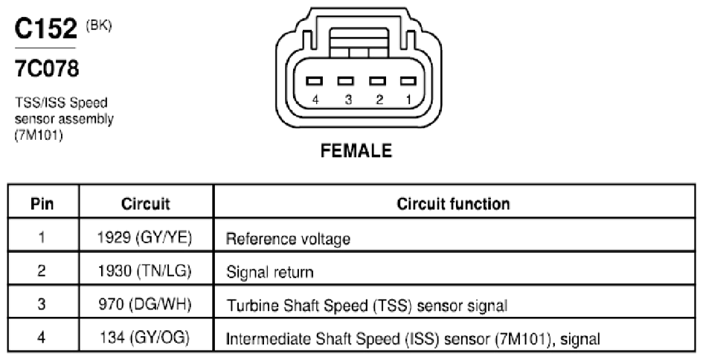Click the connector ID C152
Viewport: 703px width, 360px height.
(x=45, y=29)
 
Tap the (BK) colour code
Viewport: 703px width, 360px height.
(x=99, y=25)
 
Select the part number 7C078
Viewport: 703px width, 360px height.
(x=47, y=68)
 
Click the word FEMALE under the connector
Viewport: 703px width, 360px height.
(x=356, y=151)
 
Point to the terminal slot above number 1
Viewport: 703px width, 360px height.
(x=408, y=81)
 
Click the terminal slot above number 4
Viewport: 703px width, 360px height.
(x=314, y=81)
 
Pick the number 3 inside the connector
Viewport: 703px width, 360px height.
(x=348, y=100)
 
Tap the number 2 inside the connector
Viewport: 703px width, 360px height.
(x=379, y=100)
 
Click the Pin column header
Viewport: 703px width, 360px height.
(x=42, y=204)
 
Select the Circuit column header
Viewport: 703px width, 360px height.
(x=146, y=204)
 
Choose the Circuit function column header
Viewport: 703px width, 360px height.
(x=453, y=204)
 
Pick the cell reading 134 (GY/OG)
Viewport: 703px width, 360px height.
(x=145, y=337)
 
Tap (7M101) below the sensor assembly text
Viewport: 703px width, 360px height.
(x=39, y=135)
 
